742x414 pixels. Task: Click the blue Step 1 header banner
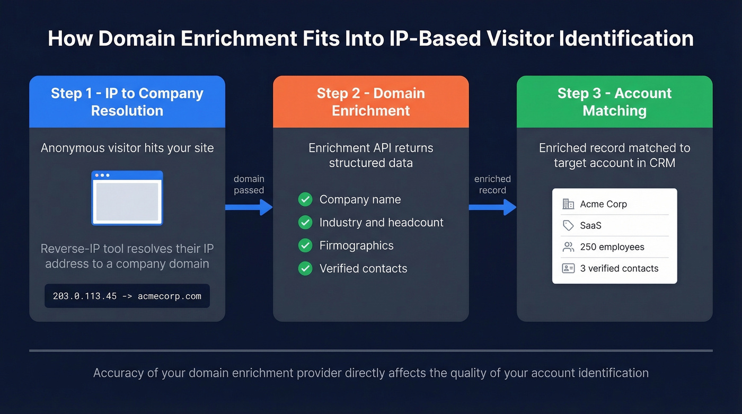[127, 102]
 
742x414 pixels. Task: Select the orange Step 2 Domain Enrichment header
[370, 102]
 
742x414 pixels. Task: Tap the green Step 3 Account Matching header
[614, 102]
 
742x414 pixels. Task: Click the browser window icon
[127, 198]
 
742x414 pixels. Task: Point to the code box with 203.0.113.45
[127, 296]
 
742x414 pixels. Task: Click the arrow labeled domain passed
[249, 207]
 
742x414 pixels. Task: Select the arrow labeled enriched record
[492, 207]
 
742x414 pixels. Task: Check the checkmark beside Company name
[305, 200]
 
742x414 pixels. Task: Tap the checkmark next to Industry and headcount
[305, 223]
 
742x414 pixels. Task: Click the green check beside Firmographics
[305, 245]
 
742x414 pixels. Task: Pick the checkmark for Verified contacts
[305, 269]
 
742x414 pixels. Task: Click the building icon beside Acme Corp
[568, 204]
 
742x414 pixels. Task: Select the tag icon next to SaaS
[568, 226]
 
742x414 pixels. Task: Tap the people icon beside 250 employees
[568, 247]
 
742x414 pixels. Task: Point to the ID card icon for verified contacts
[568, 268]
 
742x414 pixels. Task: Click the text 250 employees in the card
[612, 247]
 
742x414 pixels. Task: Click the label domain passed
[249, 184]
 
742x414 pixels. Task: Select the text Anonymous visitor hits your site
[127, 148]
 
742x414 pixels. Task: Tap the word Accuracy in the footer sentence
[118, 373]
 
